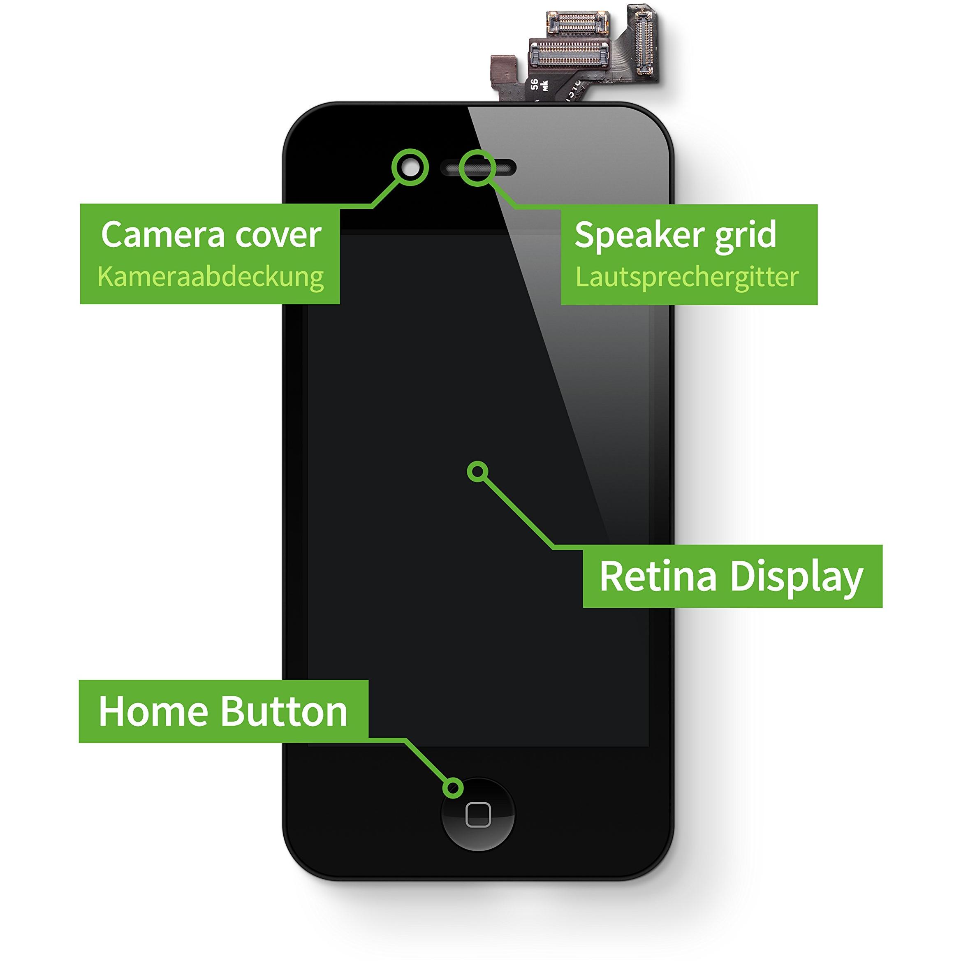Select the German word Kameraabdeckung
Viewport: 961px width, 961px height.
pos(211,277)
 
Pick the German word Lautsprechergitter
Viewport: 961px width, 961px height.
pos(687,277)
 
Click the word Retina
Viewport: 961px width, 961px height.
pos(658,576)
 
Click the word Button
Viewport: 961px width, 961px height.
pos(283,711)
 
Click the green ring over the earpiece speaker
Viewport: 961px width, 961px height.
pos(477,168)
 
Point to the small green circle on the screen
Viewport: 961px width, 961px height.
pos(477,471)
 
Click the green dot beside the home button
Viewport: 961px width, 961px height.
pos(453,787)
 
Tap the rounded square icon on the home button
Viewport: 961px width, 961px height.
pos(478,814)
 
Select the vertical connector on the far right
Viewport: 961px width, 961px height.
pos(645,42)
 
